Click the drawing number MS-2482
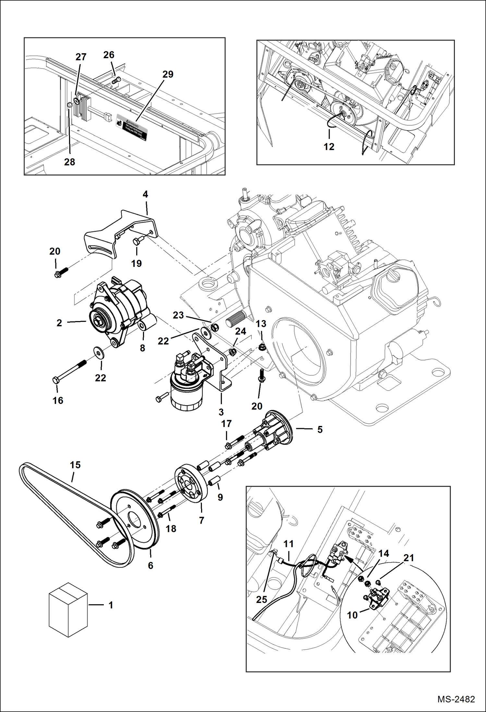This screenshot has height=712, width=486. click(x=456, y=699)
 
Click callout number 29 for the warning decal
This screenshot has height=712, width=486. click(x=168, y=74)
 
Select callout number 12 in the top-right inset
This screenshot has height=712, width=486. click(x=329, y=147)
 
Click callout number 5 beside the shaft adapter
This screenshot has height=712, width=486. click(x=320, y=430)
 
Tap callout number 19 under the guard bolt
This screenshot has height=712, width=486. click(x=136, y=263)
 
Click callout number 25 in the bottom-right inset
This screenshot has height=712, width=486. click(x=261, y=599)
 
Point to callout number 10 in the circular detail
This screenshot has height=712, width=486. click(x=352, y=615)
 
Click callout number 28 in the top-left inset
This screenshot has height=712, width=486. click(x=69, y=162)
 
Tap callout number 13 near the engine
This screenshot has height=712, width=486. click(x=261, y=324)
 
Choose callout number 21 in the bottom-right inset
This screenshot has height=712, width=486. click(x=408, y=558)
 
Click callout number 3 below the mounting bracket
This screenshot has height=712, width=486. click(x=221, y=412)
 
